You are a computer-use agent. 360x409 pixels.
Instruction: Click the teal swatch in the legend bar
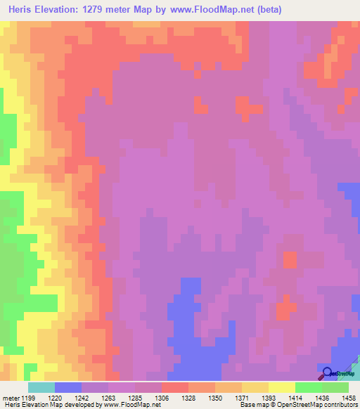coord(41,387)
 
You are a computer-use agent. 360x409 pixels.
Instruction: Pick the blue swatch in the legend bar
coord(67,387)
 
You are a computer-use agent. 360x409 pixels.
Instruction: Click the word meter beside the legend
coord(10,397)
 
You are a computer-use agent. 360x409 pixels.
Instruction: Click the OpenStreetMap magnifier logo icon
coord(326,372)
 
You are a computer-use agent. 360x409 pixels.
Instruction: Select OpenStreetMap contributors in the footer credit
coord(323,405)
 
